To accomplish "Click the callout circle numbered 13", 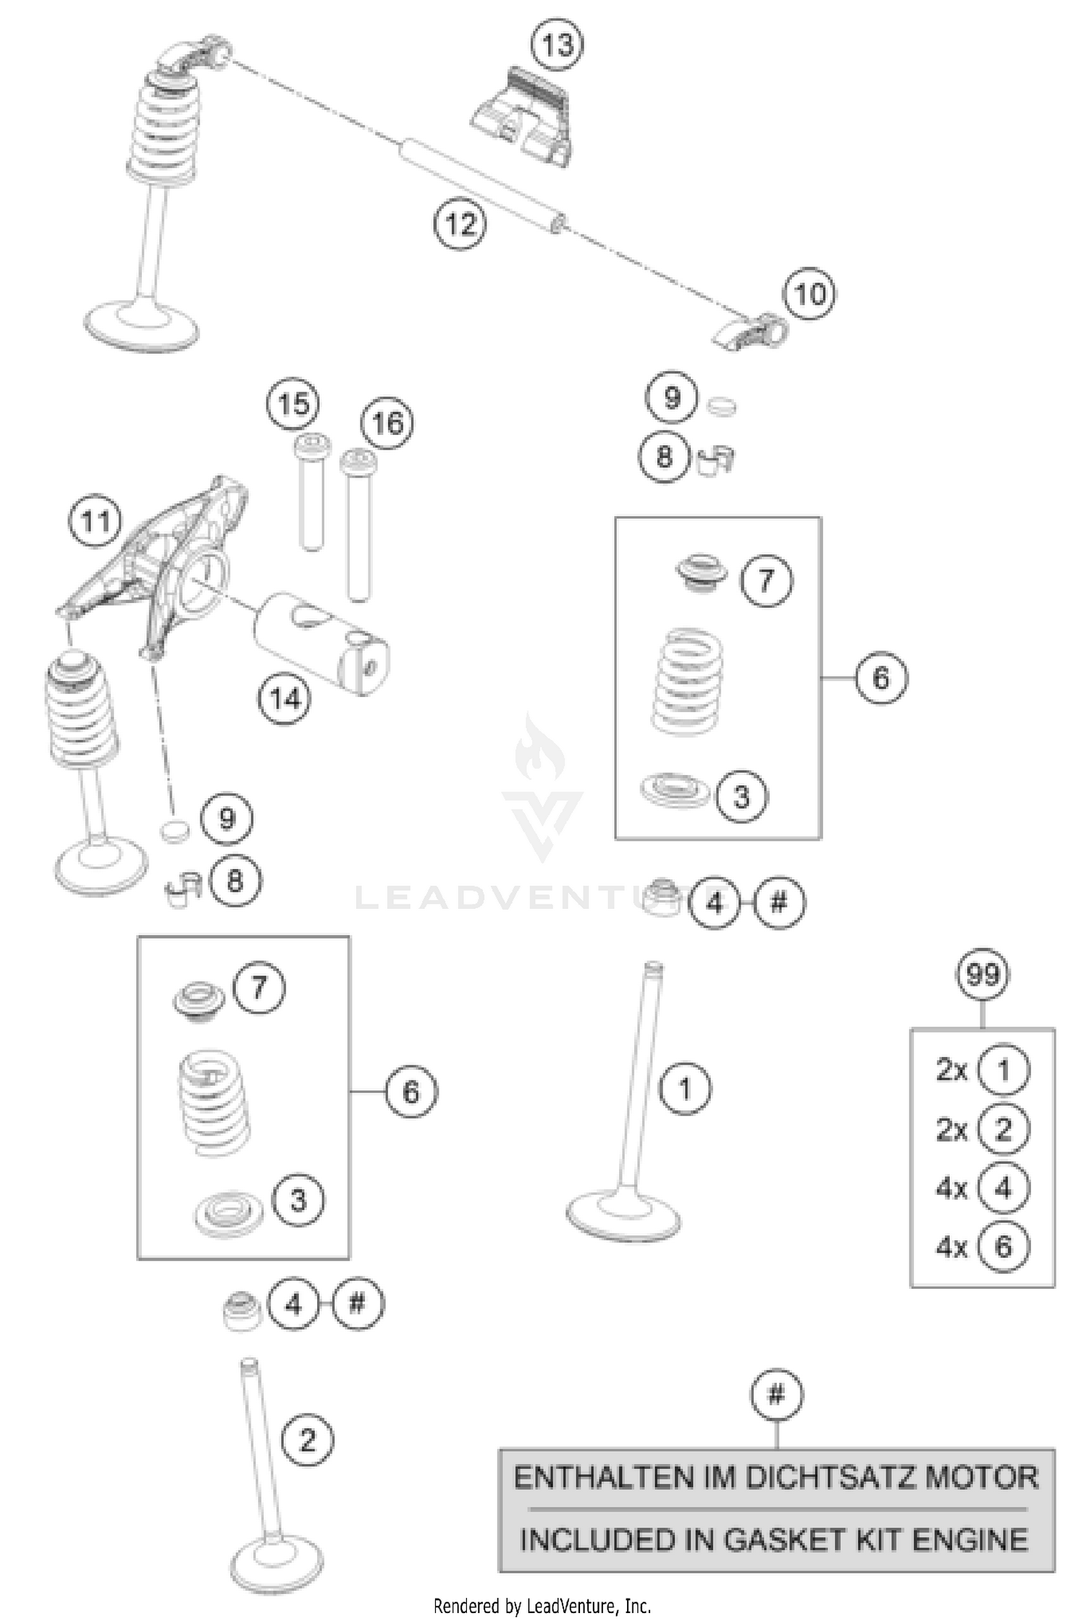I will [x=557, y=45].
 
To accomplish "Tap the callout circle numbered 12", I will [x=460, y=224].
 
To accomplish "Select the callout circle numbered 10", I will [x=809, y=295].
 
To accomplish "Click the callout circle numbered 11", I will [x=96, y=521].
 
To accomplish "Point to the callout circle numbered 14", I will [x=285, y=699].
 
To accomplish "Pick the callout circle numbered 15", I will [x=293, y=404].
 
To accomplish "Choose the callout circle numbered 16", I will [x=387, y=423].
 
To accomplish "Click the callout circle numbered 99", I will [x=982, y=975].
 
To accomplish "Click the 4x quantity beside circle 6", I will [x=951, y=1247].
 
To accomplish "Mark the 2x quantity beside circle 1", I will [x=951, y=1070].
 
